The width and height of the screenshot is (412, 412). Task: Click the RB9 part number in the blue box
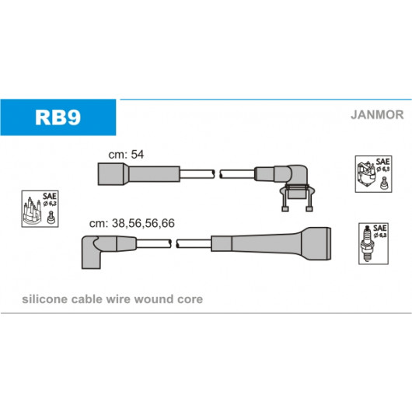58,117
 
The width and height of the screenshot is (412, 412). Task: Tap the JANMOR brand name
377,115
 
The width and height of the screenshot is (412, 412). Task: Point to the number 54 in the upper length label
138,155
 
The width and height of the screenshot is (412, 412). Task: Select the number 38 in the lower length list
118,223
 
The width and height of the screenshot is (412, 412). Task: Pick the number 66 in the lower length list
168,223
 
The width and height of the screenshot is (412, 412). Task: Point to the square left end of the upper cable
113,174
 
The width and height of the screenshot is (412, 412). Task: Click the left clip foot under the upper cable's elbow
285,209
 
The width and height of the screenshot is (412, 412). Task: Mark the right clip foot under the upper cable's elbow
309,209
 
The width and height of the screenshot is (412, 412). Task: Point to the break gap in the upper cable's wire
218,174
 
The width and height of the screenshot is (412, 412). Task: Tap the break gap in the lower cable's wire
173,243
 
